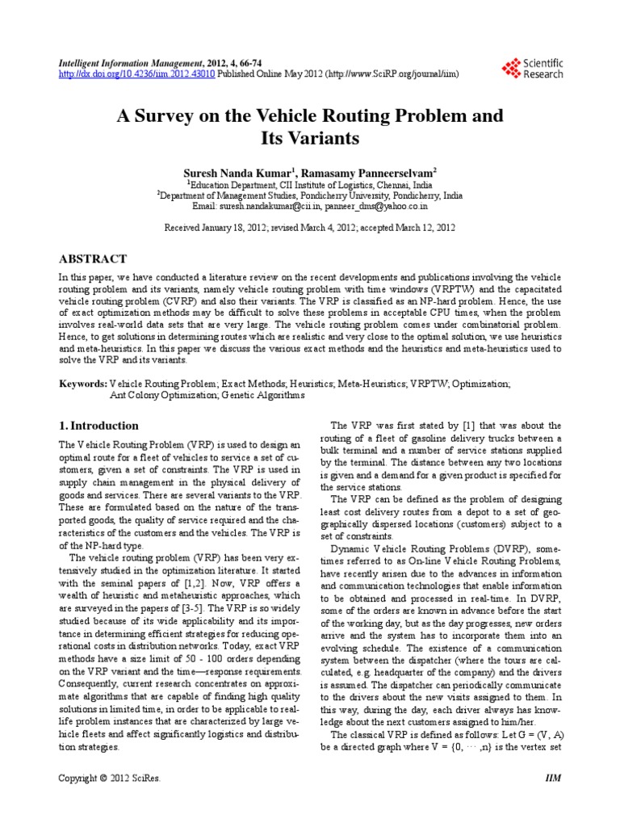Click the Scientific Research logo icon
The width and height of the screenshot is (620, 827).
[x=510, y=68]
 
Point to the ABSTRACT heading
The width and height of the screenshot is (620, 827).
[x=93, y=259]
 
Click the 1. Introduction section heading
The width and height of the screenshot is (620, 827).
[x=99, y=426]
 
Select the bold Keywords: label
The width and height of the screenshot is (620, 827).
[x=83, y=384]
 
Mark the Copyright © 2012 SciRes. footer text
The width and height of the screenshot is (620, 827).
[x=109, y=779]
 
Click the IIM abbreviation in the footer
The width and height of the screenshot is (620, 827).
[x=553, y=779]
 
